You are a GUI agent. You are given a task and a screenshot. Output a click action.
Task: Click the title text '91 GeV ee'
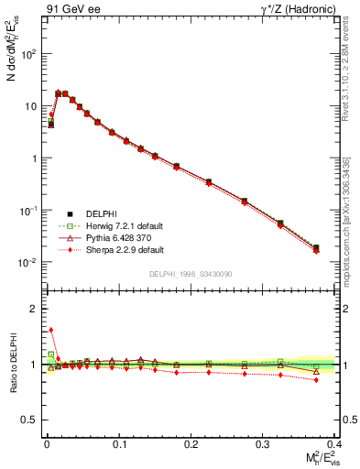(67, 9)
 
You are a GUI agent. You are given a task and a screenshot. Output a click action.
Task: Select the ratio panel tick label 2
(34, 309)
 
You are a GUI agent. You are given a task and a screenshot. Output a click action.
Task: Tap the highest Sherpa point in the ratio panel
(51, 330)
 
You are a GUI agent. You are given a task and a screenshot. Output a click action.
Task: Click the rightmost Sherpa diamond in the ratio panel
(316, 379)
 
